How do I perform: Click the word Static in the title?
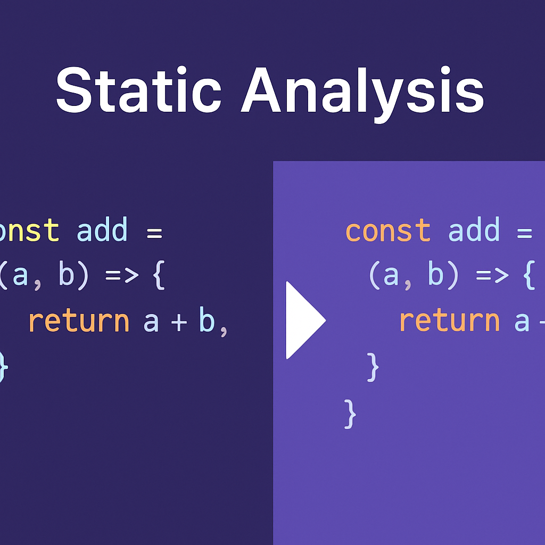[138, 90]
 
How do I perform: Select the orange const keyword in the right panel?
[388, 231]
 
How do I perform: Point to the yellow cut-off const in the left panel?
[29, 231]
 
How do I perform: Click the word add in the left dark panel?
[103, 231]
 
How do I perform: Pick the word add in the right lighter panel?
[474, 231]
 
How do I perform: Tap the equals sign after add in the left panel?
[154, 233]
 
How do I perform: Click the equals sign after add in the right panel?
[525, 233]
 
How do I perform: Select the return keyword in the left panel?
[79, 321]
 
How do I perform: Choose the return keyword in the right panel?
[450, 321]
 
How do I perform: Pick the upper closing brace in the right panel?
[374, 367]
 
